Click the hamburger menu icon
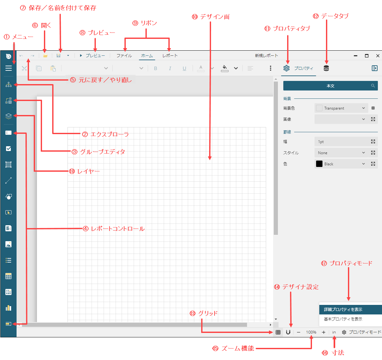click(9, 68)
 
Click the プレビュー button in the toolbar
click(92, 55)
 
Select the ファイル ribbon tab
click(124, 55)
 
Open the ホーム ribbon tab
click(147, 55)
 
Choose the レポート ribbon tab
click(170, 55)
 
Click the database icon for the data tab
click(326, 68)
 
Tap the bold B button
click(156, 68)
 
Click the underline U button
click(184, 68)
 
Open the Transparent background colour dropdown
click(341, 108)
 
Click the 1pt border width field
click(341, 142)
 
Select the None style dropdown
click(341, 153)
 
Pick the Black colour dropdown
click(341, 164)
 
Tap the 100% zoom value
click(311, 332)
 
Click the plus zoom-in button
click(323, 332)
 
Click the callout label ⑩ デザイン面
click(211, 17)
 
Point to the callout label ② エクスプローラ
click(106, 134)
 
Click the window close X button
click(378, 56)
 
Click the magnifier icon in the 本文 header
click(373, 86)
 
